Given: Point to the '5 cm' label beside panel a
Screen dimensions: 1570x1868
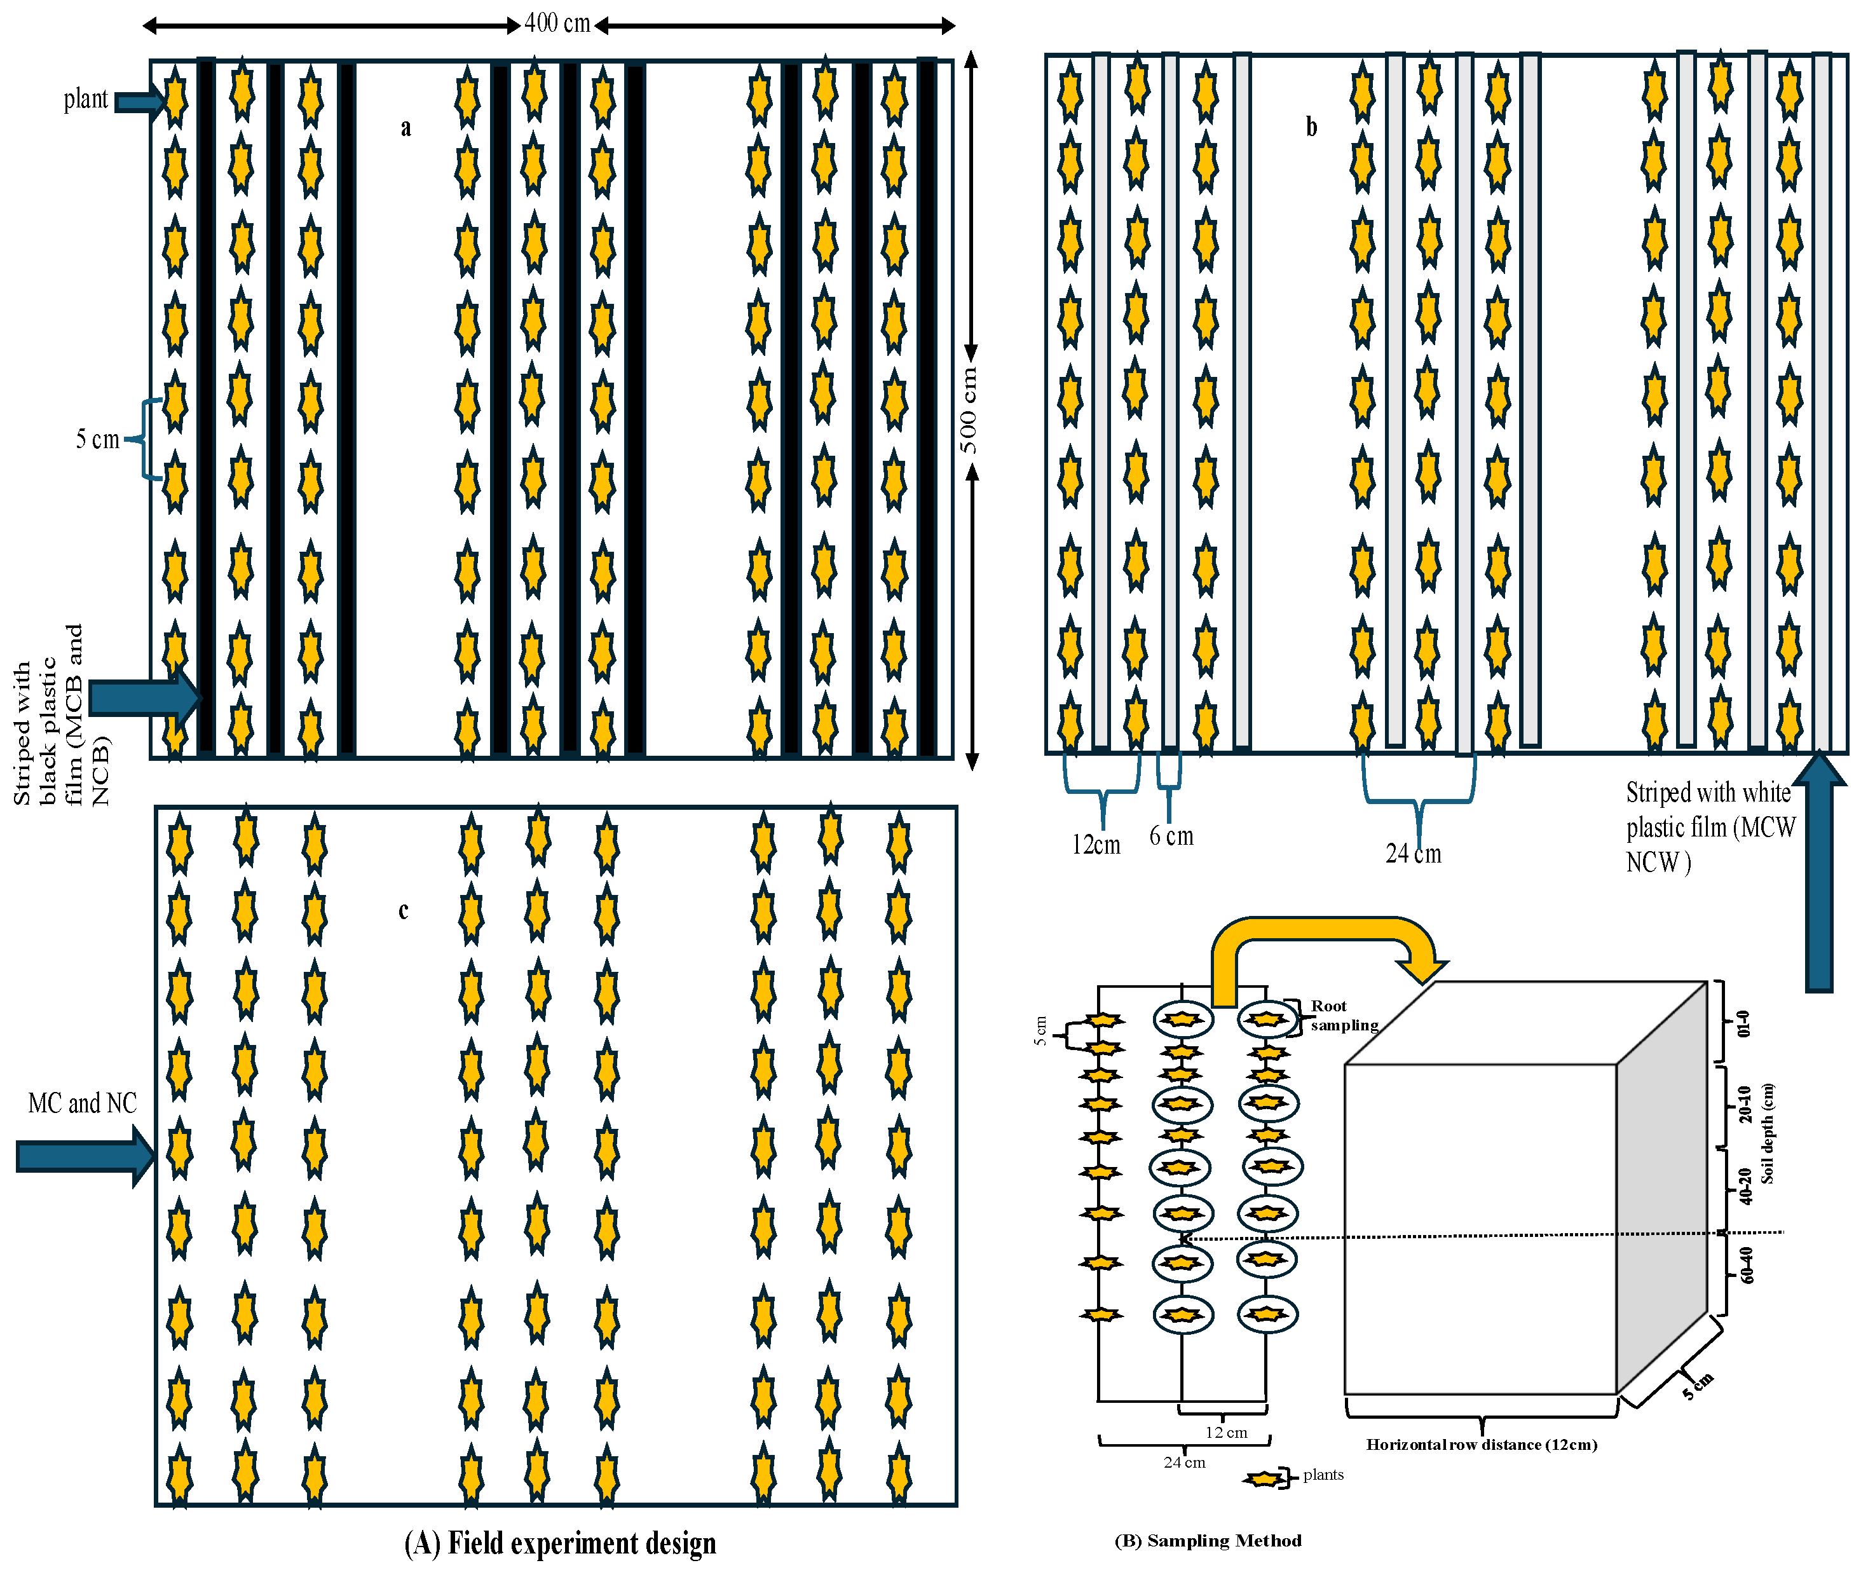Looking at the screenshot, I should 97,439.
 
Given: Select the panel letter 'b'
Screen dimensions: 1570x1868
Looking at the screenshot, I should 1311,126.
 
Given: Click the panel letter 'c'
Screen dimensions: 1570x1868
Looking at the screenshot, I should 403,910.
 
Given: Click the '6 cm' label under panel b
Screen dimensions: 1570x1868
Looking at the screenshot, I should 1171,836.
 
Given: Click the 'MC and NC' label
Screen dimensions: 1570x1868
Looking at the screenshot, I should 82,1103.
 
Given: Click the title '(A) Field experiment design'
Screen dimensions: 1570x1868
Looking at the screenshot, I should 560,1543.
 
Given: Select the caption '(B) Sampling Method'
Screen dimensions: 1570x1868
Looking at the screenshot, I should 1208,1541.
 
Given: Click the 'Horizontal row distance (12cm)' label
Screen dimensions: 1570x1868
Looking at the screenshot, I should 1482,1445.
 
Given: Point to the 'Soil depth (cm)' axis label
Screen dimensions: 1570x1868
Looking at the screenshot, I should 1766,1133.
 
